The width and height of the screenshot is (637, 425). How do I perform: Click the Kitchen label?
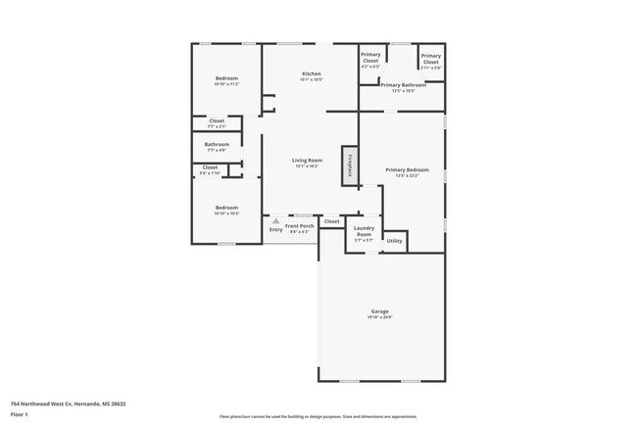pyautogui.click(x=311, y=76)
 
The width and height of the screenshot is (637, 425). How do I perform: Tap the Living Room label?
pyautogui.click(x=308, y=163)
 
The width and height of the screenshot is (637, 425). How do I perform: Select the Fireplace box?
pyautogui.click(x=348, y=164)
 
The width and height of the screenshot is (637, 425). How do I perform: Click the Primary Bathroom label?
pyautogui.click(x=404, y=87)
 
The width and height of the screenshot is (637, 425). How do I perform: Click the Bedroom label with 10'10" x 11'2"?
pyautogui.click(x=226, y=81)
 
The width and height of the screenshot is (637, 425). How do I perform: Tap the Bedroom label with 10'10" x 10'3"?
pyautogui.click(x=226, y=210)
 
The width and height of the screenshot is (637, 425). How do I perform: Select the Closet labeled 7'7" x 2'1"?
pyautogui.click(x=217, y=123)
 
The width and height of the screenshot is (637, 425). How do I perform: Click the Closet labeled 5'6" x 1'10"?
pyautogui.click(x=210, y=169)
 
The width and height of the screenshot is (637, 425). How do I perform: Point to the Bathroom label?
pyautogui.click(x=217, y=147)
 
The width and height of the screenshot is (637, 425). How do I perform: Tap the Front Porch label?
pyautogui.click(x=299, y=228)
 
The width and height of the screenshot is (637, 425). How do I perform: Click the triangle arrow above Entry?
pyautogui.click(x=275, y=221)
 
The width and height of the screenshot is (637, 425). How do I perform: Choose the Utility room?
pyautogui.click(x=394, y=240)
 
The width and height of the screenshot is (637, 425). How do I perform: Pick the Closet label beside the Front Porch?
pyautogui.click(x=331, y=221)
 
